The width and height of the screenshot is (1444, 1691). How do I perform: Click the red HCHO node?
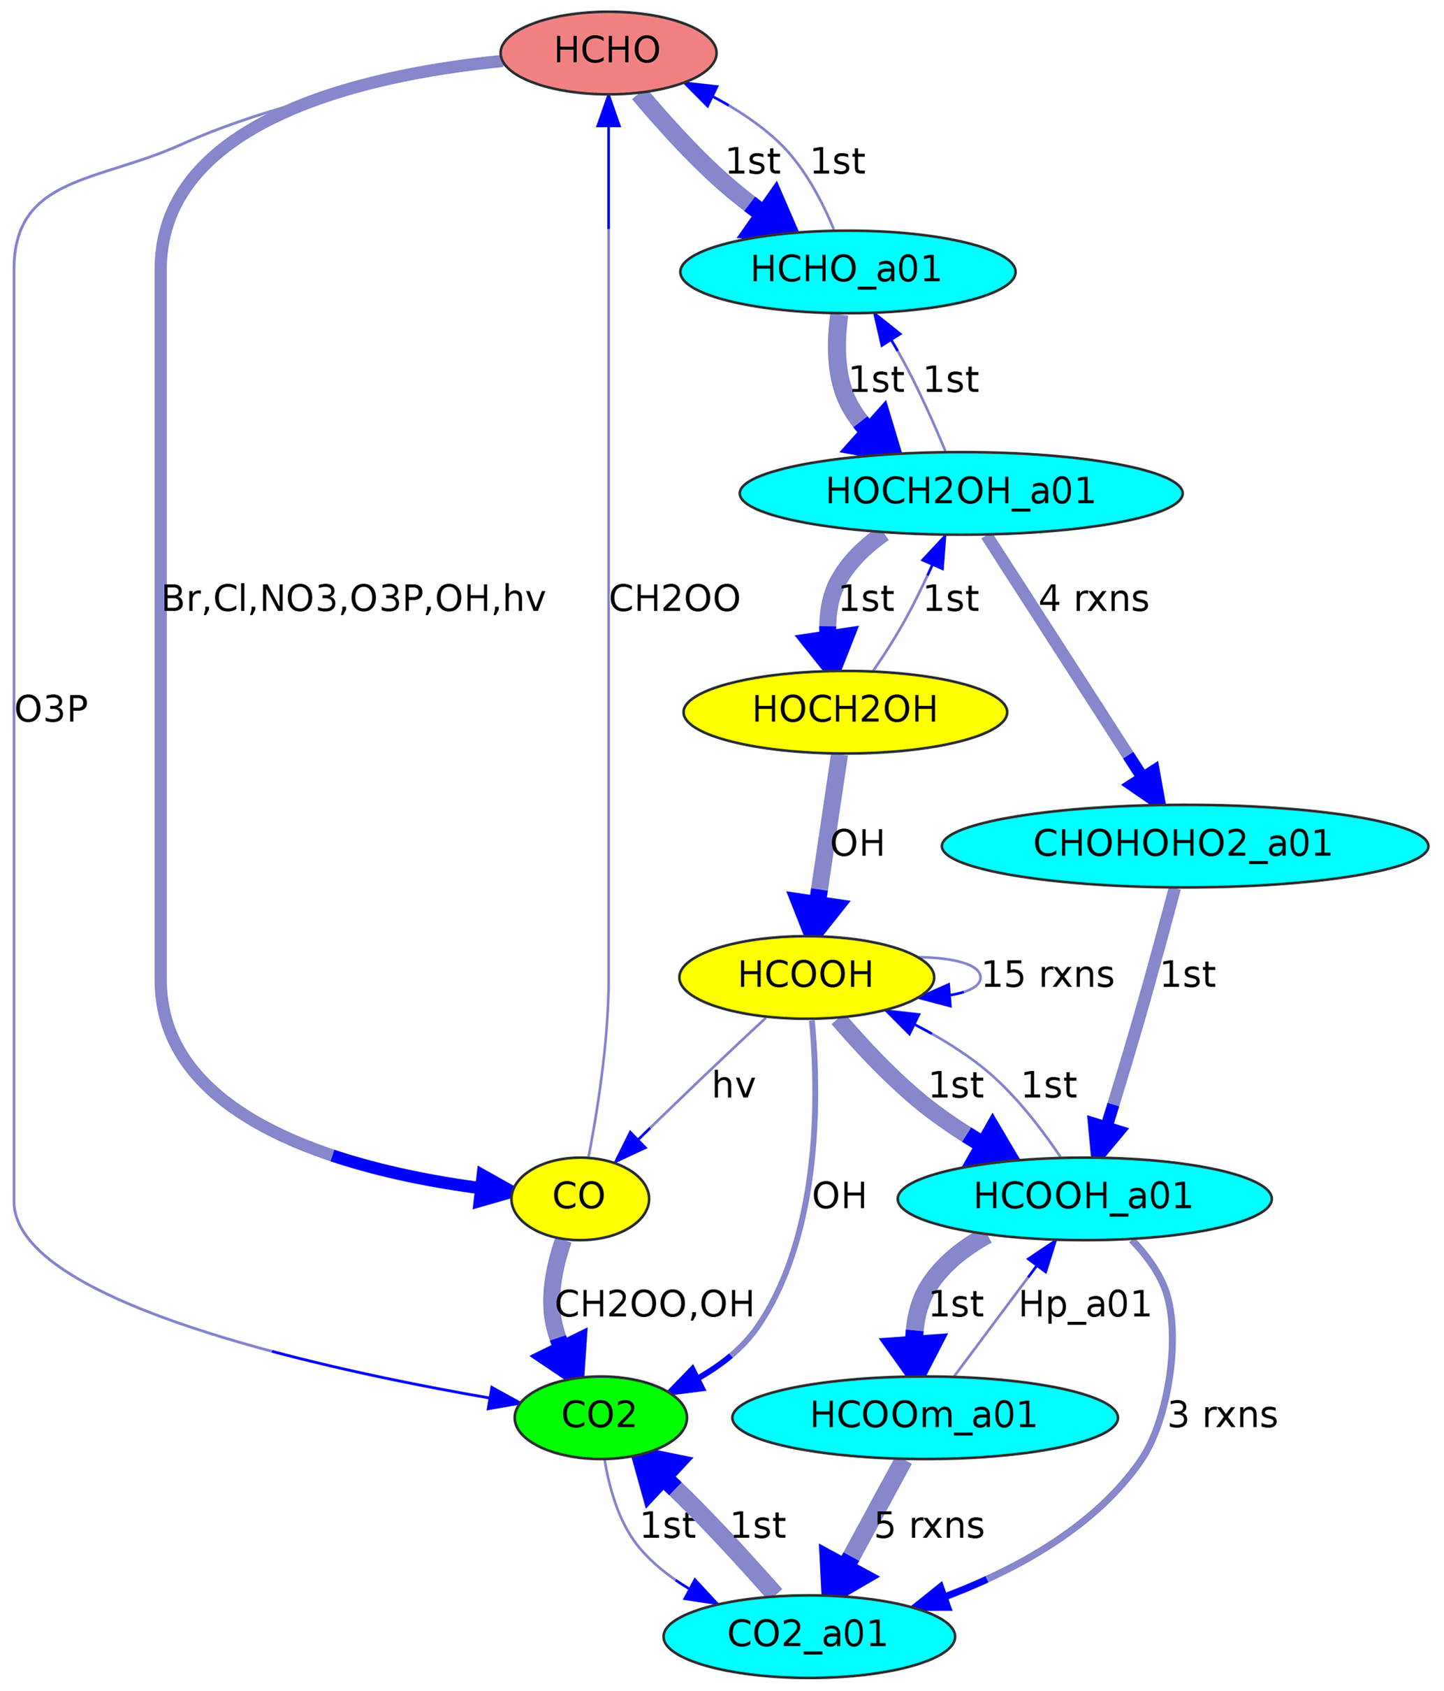pos(608,52)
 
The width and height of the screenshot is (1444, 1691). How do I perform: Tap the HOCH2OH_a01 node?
pos(960,493)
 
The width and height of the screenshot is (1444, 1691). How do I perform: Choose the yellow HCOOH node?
pos(806,977)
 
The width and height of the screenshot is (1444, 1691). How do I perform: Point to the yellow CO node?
pos(579,1198)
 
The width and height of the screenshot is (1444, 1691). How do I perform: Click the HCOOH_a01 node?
pos(1084,1198)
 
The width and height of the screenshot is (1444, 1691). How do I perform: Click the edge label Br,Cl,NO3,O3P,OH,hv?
pos(353,600)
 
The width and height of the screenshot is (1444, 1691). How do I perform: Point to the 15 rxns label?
pos(1047,976)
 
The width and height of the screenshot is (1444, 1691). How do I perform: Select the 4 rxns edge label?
pos(1093,600)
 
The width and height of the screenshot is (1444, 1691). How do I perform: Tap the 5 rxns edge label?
pos(929,1526)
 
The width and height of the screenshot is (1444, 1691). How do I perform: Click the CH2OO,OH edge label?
pos(653,1306)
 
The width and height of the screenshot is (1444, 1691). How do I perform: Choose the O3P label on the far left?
pos(50,710)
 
